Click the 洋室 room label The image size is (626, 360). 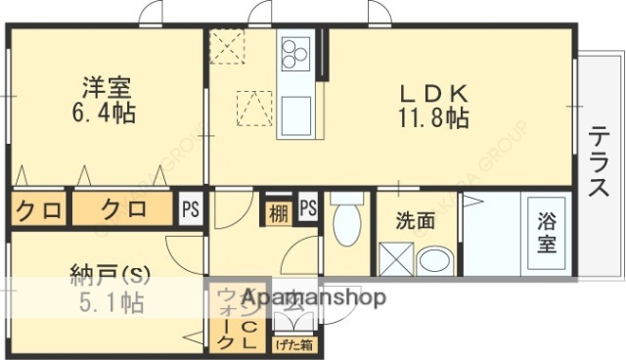pos(108,87)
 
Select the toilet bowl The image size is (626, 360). pos(346,224)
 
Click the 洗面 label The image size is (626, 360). pos(415,222)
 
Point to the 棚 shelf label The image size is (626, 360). pos(278,210)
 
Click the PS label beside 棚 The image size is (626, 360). pos(308,207)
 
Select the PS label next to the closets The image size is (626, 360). pos(190,209)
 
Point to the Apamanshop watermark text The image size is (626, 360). pos(314,297)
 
